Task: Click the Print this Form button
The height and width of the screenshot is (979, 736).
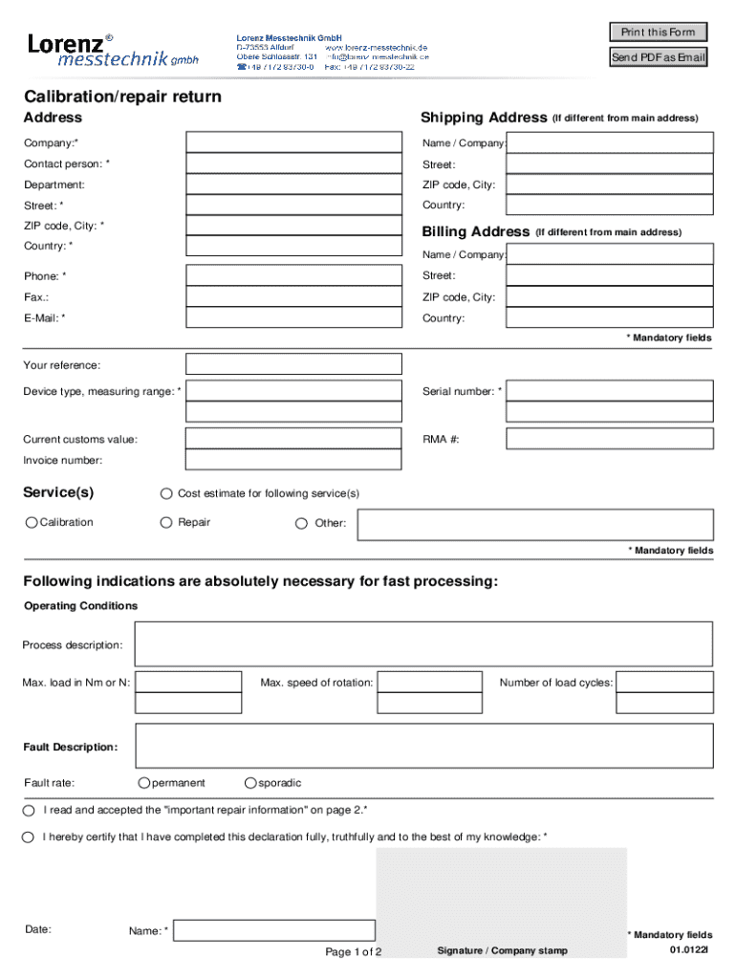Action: [659, 32]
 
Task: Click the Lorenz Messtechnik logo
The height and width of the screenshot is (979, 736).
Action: [113, 50]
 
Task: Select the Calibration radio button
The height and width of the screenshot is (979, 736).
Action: [32, 522]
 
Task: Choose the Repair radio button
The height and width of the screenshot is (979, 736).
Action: [166, 522]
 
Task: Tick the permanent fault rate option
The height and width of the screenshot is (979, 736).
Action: [143, 783]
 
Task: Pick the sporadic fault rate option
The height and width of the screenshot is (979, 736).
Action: [250, 783]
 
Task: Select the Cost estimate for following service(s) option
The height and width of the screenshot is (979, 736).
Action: [166, 493]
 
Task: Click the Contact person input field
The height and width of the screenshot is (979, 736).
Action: [293, 163]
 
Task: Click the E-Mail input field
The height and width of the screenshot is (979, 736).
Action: [293, 317]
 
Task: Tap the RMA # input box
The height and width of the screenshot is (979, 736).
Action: [609, 439]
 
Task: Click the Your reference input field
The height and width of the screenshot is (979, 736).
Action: [293, 364]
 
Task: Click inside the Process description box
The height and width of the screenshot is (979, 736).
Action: [423, 643]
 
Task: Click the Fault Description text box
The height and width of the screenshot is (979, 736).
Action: [423, 746]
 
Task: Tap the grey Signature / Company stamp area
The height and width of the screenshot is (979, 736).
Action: [502, 899]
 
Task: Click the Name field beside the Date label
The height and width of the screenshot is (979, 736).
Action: [274, 930]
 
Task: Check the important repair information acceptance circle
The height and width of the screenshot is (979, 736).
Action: [29, 810]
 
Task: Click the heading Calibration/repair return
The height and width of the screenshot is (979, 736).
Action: [122, 97]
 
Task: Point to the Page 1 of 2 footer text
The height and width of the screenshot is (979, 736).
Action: [354, 952]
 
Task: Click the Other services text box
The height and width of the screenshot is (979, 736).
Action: [534, 524]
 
